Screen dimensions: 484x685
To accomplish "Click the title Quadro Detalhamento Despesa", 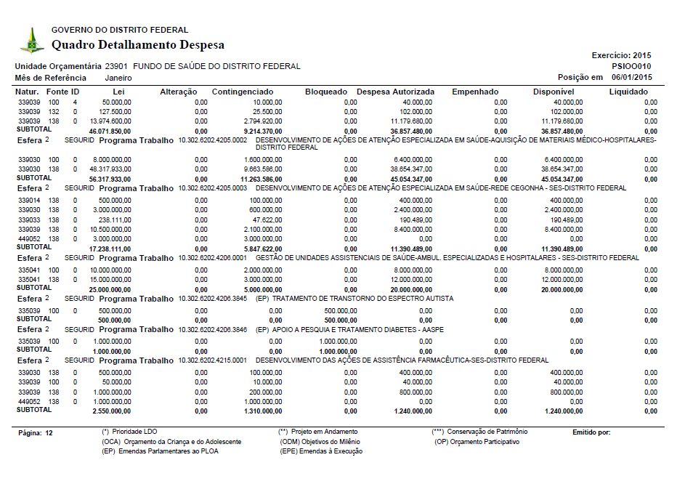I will click(137, 45).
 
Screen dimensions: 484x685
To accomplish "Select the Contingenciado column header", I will click(243, 92).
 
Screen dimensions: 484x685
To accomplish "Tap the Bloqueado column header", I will click(326, 92).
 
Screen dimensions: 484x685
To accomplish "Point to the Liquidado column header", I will click(628, 92).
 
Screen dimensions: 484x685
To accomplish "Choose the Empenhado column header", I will click(475, 92).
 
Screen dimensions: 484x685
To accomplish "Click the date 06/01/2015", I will click(631, 77).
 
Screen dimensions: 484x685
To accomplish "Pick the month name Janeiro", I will click(118, 77).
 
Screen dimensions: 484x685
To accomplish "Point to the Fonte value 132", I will click(54, 112).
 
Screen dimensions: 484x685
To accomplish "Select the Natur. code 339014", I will click(29, 200).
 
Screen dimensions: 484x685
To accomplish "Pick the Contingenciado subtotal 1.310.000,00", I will click(260, 411).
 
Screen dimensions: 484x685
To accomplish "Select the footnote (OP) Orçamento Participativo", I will click(477, 442).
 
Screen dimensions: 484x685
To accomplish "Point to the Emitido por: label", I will click(591, 432).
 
